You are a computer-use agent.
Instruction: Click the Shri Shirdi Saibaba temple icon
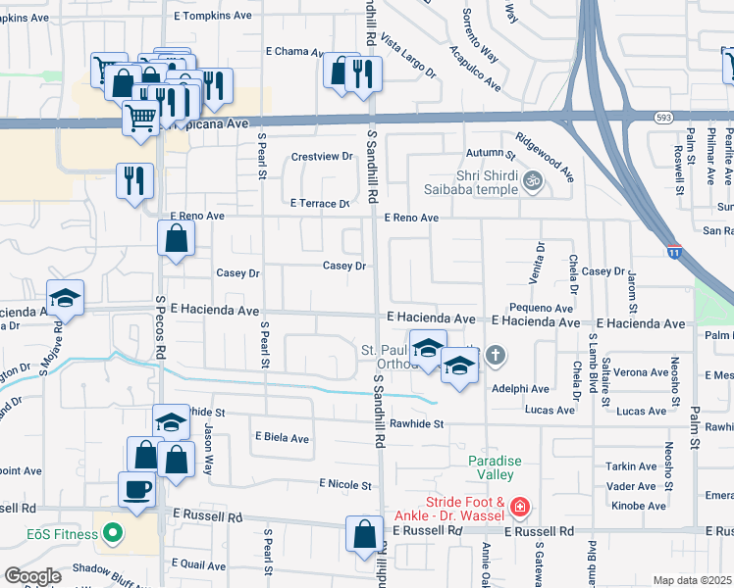[534, 180]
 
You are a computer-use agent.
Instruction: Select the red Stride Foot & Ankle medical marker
[519, 508]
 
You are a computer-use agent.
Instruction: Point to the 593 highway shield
[663, 116]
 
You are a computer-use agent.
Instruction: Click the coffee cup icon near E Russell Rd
[135, 487]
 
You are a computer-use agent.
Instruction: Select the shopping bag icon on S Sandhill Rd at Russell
[364, 535]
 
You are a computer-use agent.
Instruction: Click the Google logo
[32, 575]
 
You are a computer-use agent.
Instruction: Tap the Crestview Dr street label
[322, 157]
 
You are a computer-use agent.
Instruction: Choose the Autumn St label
[491, 154]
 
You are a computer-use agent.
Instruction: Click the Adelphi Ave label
[522, 389]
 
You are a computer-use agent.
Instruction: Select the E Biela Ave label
[282, 438]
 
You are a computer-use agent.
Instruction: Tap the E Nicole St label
[345, 484]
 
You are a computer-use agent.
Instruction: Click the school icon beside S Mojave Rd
[65, 298]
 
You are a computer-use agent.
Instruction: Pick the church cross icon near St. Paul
[496, 355]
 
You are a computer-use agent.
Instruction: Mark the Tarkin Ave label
[632, 466]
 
